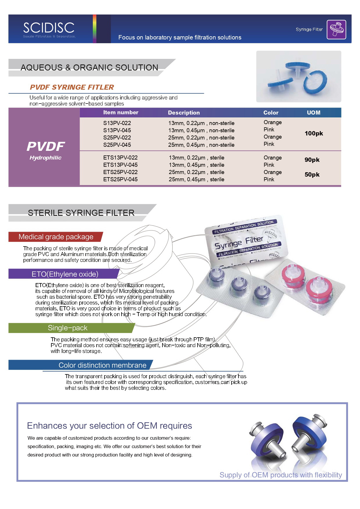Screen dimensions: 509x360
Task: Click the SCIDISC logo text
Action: pyautogui.click(x=49, y=28)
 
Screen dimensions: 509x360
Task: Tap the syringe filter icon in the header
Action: pyautogui.click(x=336, y=29)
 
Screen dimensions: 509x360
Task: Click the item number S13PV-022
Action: pyautogui.click(x=117, y=123)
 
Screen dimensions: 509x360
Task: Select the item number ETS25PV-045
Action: pyautogui.click(x=120, y=179)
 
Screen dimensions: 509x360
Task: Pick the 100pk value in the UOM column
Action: pyautogui.click(x=314, y=133)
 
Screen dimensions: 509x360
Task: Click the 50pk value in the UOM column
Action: pyautogui.click(x=312, y=175)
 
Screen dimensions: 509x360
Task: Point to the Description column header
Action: pyautogui.click(x=184, y=113)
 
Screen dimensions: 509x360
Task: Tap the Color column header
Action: pyautogui.click(x=271, y=113)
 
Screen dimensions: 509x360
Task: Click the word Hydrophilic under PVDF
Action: pyautogui.click(x=46, y=157)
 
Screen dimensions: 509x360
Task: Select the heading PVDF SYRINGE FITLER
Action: pyautogui.click(x=72, y=87)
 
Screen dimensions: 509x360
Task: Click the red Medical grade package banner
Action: pyautogui.click(x=56, y=237)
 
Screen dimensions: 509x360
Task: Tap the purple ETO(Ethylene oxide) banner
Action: pyautogui.click(x=65, y=274)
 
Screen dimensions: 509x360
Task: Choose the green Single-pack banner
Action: pyautogui.click(x=68, y=328)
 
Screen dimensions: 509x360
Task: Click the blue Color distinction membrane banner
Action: pyautogui.click(x=102, y=365)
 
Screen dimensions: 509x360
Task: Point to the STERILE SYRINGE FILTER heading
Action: pyautogui.click(x=81, y=213)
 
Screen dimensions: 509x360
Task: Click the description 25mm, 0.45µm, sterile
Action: pyautogui.click(x=196, y=179)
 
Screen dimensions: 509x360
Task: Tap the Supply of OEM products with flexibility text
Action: pyautogui.click(x=281, y=475)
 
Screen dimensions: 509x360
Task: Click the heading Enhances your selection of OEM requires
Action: pyautogui.click(x=109, y=425)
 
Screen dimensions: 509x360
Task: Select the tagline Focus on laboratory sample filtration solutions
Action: pyautogui.click(x=180, y=37)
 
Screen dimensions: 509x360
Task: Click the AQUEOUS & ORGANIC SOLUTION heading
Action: pyautogui.click(x=89, y=67)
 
